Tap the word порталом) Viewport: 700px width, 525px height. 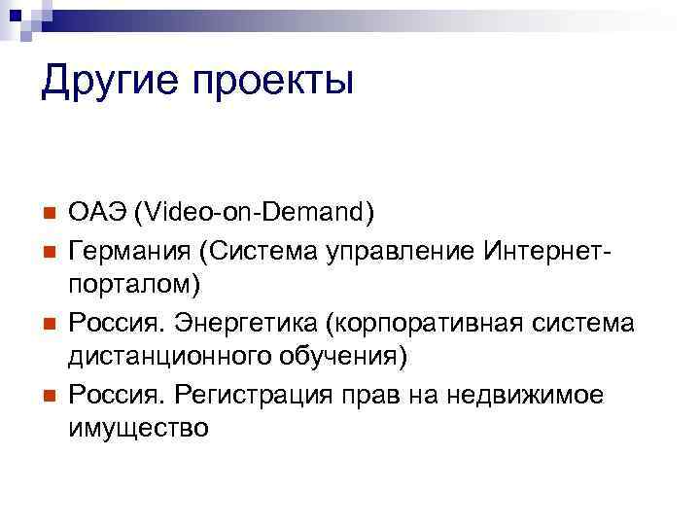click(x=134, y=284)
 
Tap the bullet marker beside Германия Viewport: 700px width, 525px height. click(x=47, y=249)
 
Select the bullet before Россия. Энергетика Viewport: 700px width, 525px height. click(x=47, y=321)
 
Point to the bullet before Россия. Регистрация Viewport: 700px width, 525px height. click(x=47, y=394)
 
